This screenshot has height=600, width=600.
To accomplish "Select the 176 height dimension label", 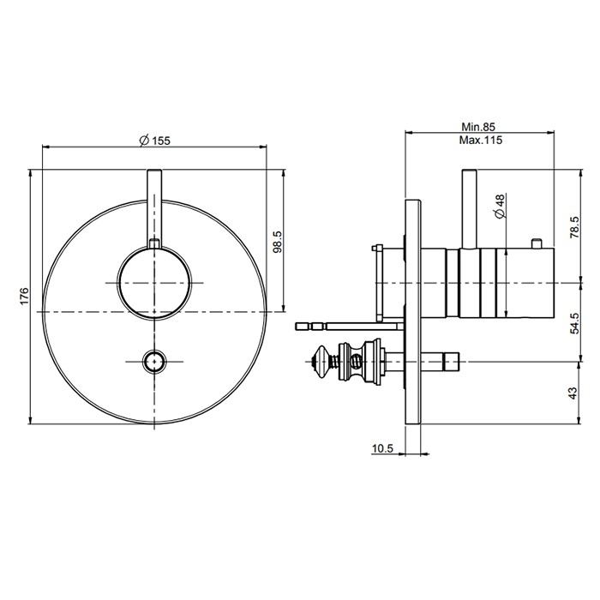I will pos(25,297).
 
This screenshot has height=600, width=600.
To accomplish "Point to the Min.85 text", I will pos(478,125).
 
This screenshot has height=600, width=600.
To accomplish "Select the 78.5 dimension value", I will pos(573,230).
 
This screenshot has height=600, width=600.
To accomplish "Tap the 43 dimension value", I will pos(573,392).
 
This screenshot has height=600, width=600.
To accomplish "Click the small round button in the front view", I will pos(155,361).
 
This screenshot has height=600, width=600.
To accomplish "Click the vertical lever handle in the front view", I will pos(155,206).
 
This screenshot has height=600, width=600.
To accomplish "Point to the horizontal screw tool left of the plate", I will pos(343,325).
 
